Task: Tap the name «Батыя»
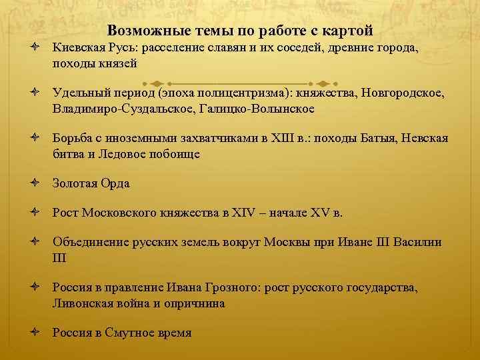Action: pyautogui.click(x=378, y=139)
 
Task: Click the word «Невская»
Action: pyautogui.click(x=425, y=139)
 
